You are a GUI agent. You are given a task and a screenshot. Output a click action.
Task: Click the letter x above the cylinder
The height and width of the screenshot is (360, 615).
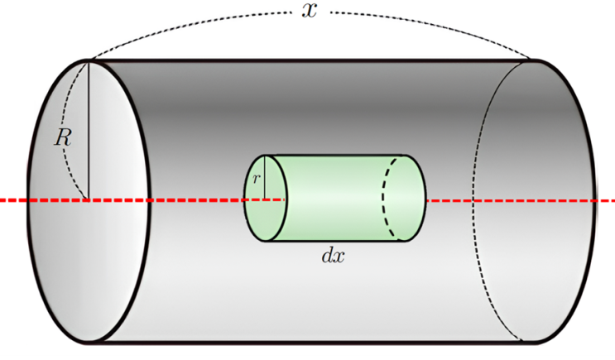click(x=309, y=11)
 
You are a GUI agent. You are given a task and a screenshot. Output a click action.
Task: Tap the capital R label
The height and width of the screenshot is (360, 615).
click(x=63, y=137)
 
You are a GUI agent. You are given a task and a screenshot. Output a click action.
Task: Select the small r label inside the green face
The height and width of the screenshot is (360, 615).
click(x=256, y=179)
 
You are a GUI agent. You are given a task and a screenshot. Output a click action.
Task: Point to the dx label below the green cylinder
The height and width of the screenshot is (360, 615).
click(x=333, y=256)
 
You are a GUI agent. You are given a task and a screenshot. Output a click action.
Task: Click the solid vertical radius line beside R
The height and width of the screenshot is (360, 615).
click(x=89, y=130)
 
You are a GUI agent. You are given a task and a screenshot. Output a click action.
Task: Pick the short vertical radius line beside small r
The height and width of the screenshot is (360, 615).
click(x=265, y=178)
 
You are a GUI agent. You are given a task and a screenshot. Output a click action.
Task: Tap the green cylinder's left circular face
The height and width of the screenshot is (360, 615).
click(x=266, y=198)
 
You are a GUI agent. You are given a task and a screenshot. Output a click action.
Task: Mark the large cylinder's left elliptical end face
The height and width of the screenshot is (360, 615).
click(x=89, y=202)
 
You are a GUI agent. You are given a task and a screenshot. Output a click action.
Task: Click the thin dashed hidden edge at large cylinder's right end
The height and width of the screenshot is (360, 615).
click(x=480, y=200)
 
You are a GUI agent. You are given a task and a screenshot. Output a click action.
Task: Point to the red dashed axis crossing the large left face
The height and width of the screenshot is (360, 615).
click(x=89, y=200)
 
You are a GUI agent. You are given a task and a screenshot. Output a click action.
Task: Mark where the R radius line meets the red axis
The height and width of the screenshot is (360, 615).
click(x=89, y=200)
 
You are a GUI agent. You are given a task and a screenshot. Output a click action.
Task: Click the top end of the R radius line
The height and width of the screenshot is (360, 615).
click(x=89, y=60)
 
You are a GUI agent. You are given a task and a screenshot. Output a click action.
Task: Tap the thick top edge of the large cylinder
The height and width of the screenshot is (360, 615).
click(x=310, y=60)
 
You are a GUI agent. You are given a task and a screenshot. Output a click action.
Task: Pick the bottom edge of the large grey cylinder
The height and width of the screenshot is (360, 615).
click(x=310, y=343)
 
